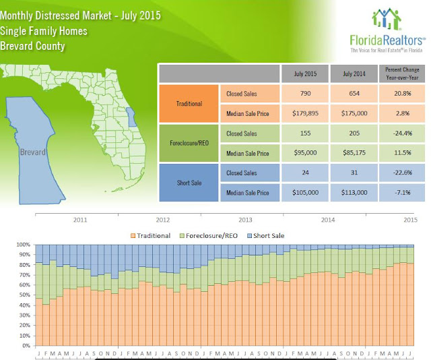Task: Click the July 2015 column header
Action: pos(305,73)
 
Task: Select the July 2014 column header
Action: pos(354,73)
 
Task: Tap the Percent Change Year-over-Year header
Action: pos(402,73)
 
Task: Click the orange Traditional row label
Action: pos(189,102)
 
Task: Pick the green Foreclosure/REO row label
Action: pos(189,143)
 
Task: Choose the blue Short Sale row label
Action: pos(189,182)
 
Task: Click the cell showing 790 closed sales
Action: pos(305,93)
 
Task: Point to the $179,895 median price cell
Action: pos(305,113)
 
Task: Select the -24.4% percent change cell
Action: pos(402,133)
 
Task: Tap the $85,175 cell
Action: pos(354,153)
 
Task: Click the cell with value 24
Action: pos(305,173)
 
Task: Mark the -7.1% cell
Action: pos(402,192)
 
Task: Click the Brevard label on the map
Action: pos(33,152)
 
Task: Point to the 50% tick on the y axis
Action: pos(22,295)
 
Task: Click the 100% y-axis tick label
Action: pos(21,245)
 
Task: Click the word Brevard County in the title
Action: pos(33,47)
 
